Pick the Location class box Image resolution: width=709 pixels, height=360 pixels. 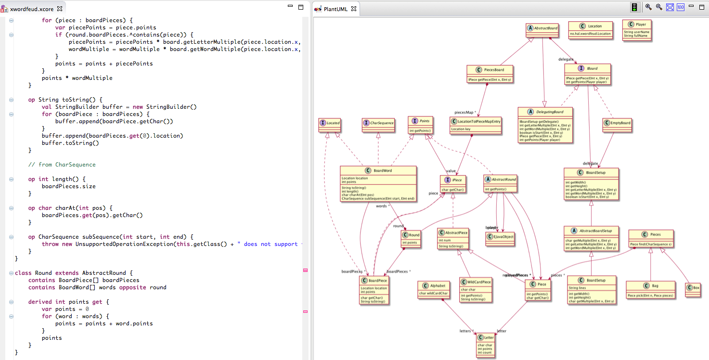point(591,29)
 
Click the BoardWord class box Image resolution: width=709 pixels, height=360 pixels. point(378,183)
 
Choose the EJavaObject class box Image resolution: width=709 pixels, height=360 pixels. point(500,236)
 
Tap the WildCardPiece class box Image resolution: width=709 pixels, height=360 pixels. point(476,290)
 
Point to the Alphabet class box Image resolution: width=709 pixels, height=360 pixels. point(434,288)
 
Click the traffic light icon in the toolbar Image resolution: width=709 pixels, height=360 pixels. point(634,8)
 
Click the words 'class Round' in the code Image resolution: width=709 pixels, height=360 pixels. point(34,273)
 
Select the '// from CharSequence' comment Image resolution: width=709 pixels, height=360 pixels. point(62,165)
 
